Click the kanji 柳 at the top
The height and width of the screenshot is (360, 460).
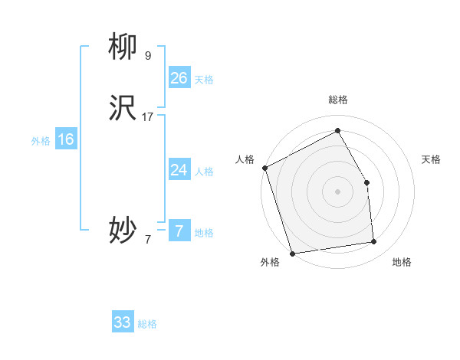tap(123, 47)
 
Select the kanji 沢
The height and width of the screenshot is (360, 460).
tap(123, 110)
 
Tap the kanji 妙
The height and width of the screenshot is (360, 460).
tap(123, 229)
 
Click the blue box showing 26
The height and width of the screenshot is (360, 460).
tap(179, 78)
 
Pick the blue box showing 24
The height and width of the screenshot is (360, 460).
tap(179, 170)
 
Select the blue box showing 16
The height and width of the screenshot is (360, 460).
tap(65, 139)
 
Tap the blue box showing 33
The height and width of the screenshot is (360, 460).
tap(123, 322)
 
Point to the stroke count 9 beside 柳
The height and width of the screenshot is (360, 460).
tap(147, 55)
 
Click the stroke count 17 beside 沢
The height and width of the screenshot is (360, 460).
tap(148, 117)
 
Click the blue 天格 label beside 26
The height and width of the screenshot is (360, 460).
tap(204, 80)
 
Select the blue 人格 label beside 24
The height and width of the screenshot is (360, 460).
tap(204, 172)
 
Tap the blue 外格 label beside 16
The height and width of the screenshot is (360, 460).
tap(41, 141)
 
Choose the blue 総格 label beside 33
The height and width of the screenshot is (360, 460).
tap(147, 324)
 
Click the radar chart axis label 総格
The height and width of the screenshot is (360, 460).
tap(337, 100)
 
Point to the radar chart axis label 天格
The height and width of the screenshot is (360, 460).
tap(431, 159)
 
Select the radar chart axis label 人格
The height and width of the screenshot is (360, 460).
tap(245, 159)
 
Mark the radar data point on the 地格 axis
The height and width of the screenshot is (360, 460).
tap(374, 242)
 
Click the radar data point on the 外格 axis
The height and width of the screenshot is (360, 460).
tap(292, 253)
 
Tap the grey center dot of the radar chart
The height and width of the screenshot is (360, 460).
tap(337, 191)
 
